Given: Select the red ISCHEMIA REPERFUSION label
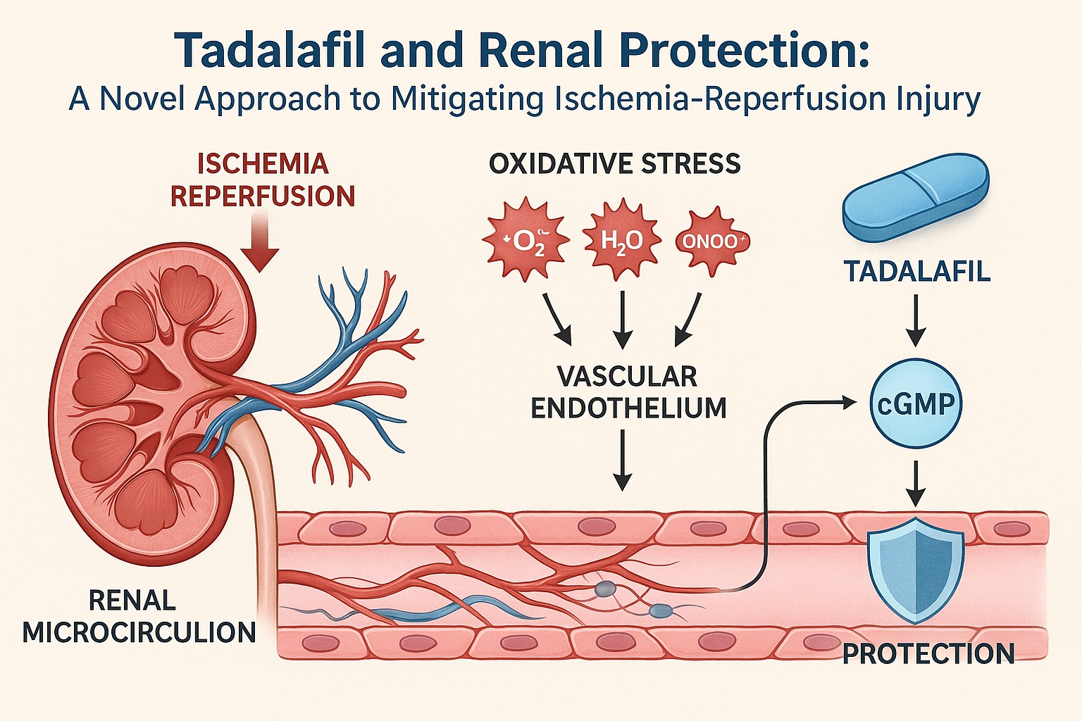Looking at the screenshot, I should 263,180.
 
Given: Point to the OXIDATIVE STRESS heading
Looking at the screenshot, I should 614,163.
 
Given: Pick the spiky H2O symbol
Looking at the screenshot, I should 621,242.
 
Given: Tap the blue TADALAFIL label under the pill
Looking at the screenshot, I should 917,271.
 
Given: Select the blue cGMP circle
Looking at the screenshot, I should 916,403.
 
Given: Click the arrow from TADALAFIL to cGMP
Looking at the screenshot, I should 916,320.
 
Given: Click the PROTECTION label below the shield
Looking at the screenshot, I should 928,654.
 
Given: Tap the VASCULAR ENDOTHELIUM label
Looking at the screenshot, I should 628,392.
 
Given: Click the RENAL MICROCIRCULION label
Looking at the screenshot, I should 139,617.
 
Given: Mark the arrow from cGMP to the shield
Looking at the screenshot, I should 916,483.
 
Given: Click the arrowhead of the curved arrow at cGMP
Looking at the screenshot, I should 848,402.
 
